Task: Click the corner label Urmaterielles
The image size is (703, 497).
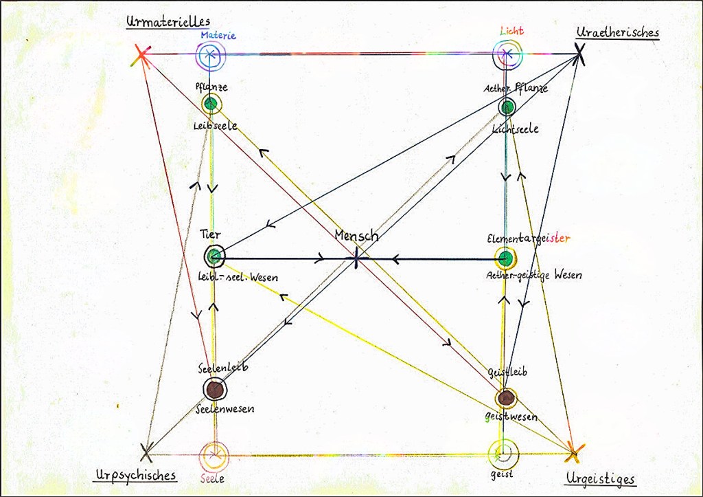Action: pos(168,21)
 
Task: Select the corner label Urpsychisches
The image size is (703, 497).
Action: pos(135,475)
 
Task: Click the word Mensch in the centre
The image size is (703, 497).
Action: pos(356,236)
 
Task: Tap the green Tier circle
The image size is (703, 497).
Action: pos(214,256)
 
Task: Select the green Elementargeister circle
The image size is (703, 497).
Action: pos(505,258)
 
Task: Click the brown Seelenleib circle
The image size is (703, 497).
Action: pos(214,390)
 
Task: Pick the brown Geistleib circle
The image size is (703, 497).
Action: pos(506,397)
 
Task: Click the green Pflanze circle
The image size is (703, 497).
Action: pos(211,104)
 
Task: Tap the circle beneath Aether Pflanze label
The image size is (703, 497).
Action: pos(507,107)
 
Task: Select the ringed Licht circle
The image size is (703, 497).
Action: pos(507,52)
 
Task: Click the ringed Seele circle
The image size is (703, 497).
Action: pos(214,454)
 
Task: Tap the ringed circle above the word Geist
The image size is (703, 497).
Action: pos(503,453)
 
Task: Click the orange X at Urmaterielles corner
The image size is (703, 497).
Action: pos(141,55)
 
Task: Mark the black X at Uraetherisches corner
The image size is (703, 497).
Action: pos(580,54)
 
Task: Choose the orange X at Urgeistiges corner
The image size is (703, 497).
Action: pos(574,452)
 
